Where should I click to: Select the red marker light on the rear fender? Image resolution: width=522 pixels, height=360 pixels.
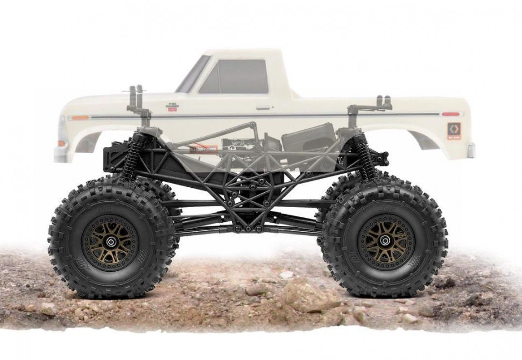click(450, 114)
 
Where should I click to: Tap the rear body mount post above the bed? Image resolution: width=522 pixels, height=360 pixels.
click(383, 102)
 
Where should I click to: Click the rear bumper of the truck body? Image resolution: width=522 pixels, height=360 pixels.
click(471, 150)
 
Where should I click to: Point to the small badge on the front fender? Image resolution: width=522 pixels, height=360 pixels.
click(172, 108)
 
